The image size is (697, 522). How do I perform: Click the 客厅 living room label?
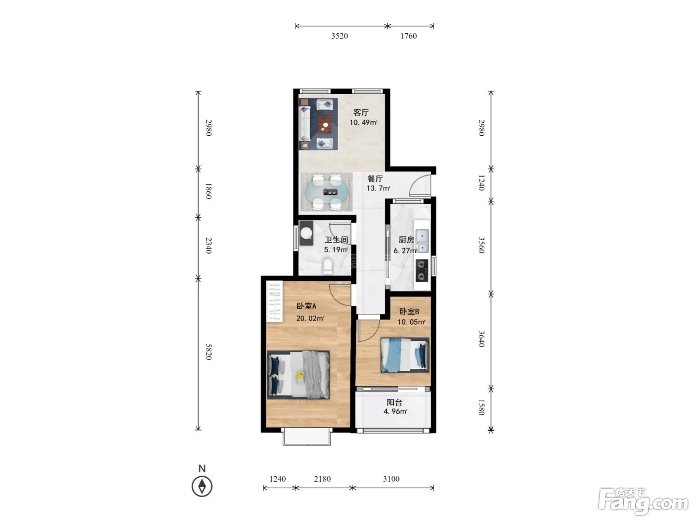click(361, 112)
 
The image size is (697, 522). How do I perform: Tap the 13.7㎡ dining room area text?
click(378, 188)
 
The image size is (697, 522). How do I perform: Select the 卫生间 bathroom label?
click(336, 240)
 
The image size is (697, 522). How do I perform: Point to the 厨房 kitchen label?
click(406, 240)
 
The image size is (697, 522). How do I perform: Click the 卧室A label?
click(306, 306)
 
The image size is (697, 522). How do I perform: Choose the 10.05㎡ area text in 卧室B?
click(411, 322)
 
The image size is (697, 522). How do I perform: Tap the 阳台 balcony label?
click(394, 402)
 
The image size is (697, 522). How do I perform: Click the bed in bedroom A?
click(299, 375)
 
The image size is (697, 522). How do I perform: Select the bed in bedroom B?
click(405, 354)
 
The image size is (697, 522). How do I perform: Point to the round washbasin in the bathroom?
click(307, 233)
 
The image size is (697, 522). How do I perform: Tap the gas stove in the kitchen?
click(422, 270)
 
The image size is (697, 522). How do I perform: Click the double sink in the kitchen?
click(422, 241)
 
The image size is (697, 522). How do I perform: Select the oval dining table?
click(327, 192)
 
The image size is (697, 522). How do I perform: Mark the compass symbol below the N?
click(202, 486)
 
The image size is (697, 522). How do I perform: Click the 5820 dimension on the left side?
click(208, 352)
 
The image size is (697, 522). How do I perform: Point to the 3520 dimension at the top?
click(340, 36)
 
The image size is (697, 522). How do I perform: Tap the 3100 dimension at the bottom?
click(391, 479)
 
